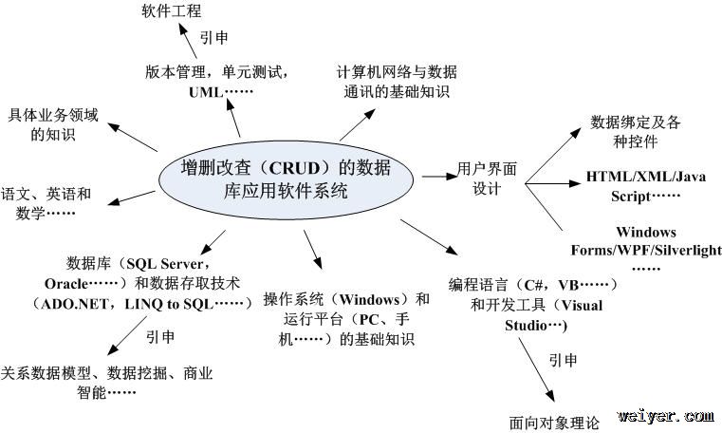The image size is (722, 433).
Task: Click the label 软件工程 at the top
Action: [x=173, y=12]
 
